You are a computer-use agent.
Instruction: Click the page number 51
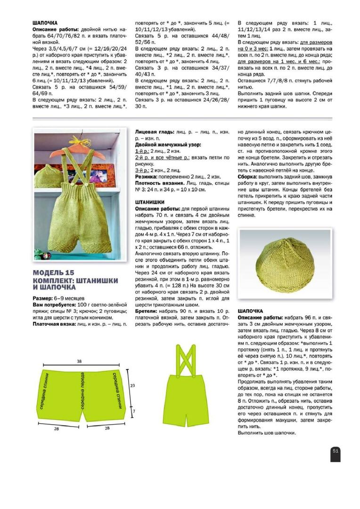tap(335, 451)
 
